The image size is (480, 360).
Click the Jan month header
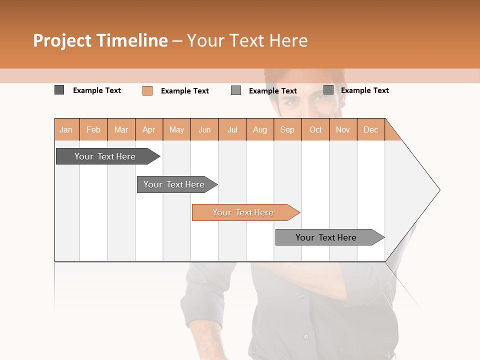tap(66, 129)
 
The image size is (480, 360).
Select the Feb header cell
tap(93, 129)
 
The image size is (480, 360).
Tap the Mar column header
tap(121, 129)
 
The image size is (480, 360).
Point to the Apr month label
tap(149, 129)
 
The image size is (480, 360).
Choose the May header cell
tap(176, 129)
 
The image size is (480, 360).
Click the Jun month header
tap(204, 129)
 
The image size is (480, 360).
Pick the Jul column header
tap(232, 129)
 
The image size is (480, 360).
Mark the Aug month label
tap(260, 129)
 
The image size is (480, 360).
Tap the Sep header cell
tap(287, 129)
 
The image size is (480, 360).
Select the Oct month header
tap(315, 129)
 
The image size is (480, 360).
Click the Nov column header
tap(343, 129)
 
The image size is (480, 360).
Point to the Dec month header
tap(371, 129)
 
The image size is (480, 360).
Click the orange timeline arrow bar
tap(243, 212)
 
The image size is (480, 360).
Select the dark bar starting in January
tap(105, 156)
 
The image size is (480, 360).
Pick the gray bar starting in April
tap(174, 184)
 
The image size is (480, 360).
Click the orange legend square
tap(147, 90)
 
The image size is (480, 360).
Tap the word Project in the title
tap(62, 40)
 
